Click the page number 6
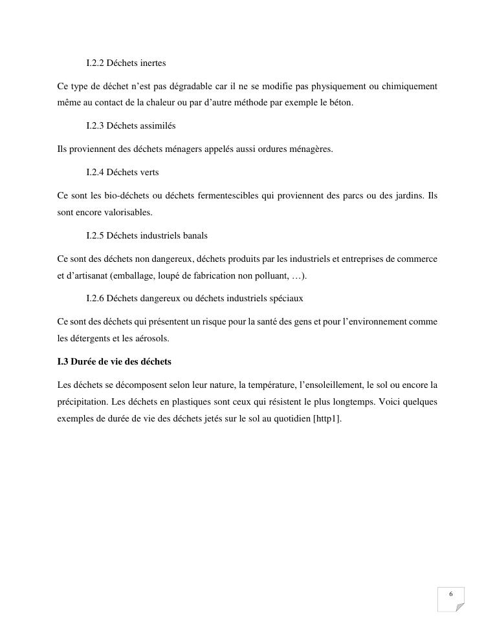click(451, 595)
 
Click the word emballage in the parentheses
click(129, 276)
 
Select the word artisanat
click(87, 276)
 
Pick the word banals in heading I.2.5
click(194, 236)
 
